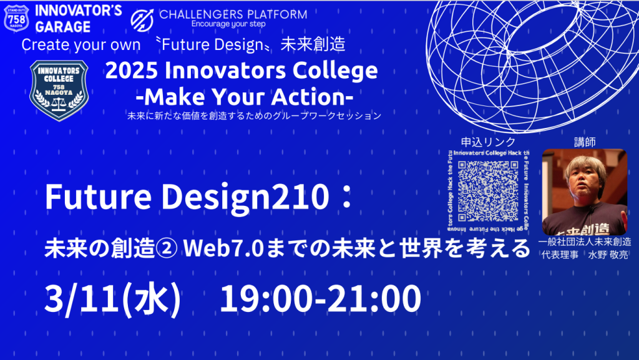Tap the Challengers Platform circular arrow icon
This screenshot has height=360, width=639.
(143, 18)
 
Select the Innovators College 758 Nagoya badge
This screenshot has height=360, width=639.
(59, 91)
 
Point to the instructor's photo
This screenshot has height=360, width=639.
(584, 192)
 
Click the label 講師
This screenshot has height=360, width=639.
(584, 142)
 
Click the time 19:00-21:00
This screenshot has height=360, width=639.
(320, 299)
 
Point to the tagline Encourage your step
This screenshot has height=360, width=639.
(228, 24)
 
